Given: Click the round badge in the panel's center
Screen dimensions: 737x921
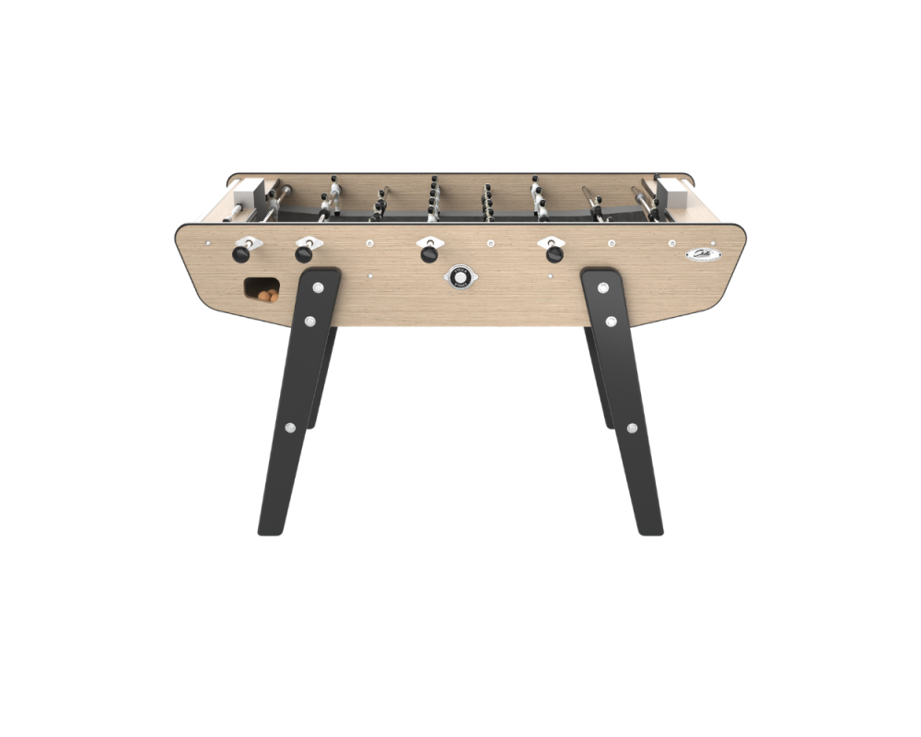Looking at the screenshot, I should click(458, 276).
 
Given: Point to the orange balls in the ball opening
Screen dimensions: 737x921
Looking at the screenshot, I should click(266, 296).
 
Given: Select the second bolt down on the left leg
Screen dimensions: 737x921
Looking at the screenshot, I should click(309, 321).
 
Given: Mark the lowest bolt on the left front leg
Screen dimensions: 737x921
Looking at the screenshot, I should click(290, 427).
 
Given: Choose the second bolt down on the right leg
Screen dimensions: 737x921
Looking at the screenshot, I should click(611, 321).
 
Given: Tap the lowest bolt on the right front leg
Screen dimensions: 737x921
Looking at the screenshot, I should click(631, 427).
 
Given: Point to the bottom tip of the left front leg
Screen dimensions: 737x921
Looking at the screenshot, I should click(267, 532).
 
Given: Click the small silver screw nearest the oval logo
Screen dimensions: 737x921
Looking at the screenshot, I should click(665, 245).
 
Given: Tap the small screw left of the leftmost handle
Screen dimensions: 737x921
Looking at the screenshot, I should click(210, 244).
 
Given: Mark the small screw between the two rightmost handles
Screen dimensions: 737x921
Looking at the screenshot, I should click(491, 245).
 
